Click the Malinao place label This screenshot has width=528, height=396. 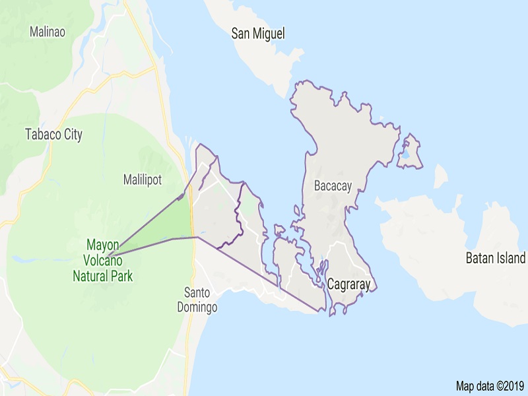pyautogui.click(x=48, y=32)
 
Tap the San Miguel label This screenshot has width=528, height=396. pyautogui.click(x=258, y=34)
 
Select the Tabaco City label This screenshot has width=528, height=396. pyautogui.click(x=53, y=135)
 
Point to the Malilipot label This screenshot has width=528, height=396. pyautogui.click(x=143, y=180)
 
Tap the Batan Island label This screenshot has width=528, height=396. pyautogui.click(x=495, y=258)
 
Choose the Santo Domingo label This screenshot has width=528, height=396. pyautogui.click(x=197, y=300)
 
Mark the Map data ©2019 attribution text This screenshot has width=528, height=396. pyautogui.click(x=489, y=385)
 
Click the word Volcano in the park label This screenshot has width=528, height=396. pyautogui.click(x=102, y=260)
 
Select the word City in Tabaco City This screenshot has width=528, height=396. pyautogui.click(x=72, y=135)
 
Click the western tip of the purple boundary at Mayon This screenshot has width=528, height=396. pyautogui.click(x=109, y=254)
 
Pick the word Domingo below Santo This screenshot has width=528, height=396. pyautogui.click(x=197, y=307)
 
